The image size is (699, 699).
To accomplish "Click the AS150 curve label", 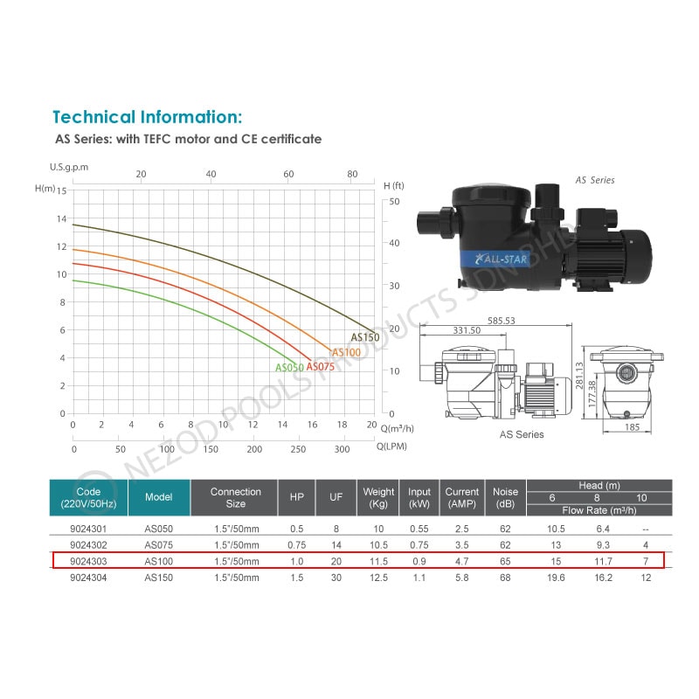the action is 365,337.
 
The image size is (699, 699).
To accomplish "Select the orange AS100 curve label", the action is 346,352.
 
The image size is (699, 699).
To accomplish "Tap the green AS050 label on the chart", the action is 289,367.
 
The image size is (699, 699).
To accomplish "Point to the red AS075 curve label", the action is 320,366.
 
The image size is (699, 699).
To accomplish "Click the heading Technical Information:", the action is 147,117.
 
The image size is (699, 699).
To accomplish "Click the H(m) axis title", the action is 45,189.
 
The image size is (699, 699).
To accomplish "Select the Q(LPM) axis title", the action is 391,446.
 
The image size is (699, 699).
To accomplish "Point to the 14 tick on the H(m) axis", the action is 61,219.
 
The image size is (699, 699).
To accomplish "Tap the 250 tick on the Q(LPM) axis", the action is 298,449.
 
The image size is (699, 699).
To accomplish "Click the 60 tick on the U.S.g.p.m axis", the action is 288,174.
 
